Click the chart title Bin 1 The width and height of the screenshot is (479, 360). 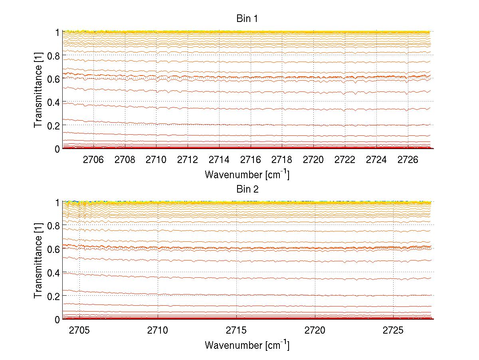coord(247,18)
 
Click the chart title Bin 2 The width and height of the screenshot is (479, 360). coord(247,189)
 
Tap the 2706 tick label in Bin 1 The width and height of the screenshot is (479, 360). coord(93,160)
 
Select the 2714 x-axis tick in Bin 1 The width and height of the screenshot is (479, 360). coord(219,160)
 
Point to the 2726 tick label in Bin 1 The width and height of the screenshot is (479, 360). coord(408,160)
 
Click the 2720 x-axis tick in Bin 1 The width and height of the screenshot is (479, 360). coord(313,160)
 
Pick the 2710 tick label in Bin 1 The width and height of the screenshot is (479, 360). coord(156,160)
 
